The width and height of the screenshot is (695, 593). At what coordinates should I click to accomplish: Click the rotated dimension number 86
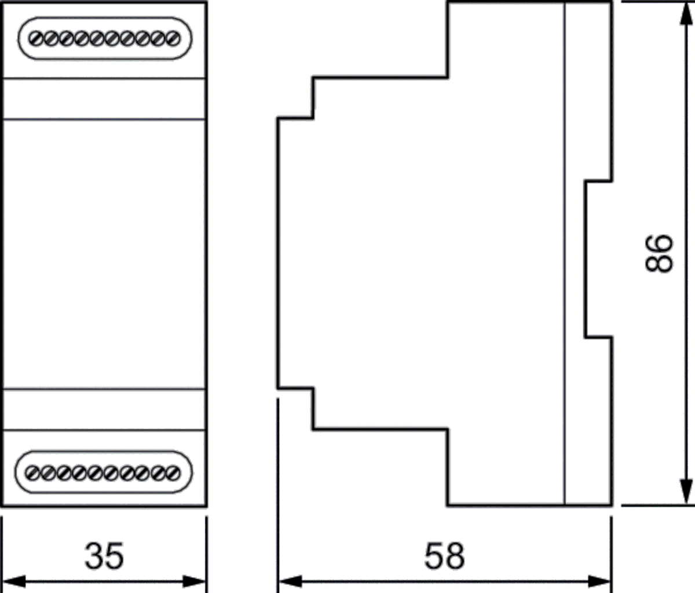[659, 254]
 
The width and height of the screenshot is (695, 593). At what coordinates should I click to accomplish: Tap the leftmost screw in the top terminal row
[36, 38]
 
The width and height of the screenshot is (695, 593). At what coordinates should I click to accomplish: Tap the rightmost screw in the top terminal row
[173, 38]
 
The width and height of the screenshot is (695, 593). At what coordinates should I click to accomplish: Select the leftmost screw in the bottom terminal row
[33, 473]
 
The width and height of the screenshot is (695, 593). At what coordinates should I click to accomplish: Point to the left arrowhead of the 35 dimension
[14, 581]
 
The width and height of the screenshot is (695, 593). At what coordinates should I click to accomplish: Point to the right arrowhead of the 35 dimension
[194, 581]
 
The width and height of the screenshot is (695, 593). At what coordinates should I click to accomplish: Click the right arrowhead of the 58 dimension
[599, 581]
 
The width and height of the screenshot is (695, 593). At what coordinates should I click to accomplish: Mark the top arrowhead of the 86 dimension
[686, 14]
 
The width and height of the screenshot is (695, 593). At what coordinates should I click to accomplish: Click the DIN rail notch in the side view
[598, 259]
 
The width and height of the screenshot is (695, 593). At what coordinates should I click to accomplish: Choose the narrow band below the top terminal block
[104, 99]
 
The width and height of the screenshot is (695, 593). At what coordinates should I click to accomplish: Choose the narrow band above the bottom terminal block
[104, 410]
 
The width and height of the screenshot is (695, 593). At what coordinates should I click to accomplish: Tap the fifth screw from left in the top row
[97, 38]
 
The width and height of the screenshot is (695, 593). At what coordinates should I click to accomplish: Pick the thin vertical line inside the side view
[565, 254]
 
